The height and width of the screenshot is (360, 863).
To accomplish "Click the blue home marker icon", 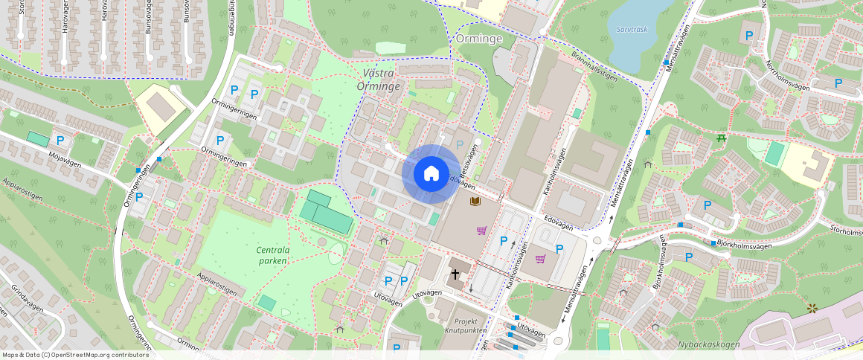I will (x=431, y=174).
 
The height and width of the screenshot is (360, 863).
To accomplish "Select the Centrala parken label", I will (x=273, y=255).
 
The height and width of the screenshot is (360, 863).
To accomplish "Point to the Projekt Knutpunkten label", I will (x=466, y=324).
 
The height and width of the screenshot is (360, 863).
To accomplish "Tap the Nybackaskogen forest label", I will (x=708, y=344).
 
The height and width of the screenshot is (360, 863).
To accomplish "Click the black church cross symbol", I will (x=455, y=275).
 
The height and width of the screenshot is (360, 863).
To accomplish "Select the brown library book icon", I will (x=475, y=202).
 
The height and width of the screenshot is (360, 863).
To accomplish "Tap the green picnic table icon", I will (x=720, y=138).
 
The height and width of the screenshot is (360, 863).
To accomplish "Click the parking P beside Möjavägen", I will (x=60, y=140).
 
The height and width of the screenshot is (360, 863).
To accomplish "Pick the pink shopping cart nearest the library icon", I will (x=481, y=231).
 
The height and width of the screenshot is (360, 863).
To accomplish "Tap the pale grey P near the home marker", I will (x=459, y=144).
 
